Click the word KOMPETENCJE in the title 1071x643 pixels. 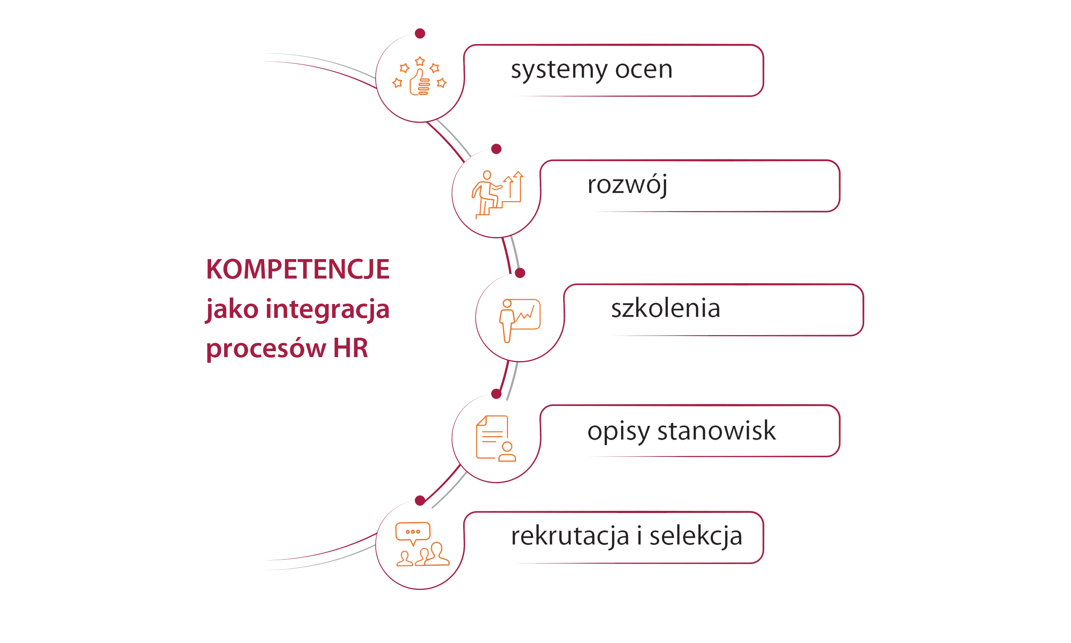coord(298,269)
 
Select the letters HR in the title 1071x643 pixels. coord(350,348)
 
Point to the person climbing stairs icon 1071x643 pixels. coord(497,195)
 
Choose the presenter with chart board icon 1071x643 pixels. coord(520,320)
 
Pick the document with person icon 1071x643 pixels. coord(496,438)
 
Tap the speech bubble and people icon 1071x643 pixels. coord(422,544)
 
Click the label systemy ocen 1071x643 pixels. coord(591,70)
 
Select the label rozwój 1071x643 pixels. coord(627,185)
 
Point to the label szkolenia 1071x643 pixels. coord(665,308)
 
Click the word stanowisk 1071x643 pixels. coord(716,431)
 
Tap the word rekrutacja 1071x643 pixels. coord(570,536)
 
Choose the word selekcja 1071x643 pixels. coord(696,536)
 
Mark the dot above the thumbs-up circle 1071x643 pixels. coord(420,33)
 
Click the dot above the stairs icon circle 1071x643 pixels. coord(496,149)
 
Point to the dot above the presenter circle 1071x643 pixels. coord(520,273)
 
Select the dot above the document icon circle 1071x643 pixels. coord(496,394)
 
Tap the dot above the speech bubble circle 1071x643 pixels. coord(420,501)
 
